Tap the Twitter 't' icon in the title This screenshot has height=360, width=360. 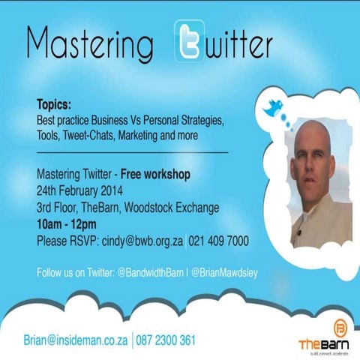(x=189, y=41)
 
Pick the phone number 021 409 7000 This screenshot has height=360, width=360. (x=220, y=241)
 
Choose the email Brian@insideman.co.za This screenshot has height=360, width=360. (x=76, y=340)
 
